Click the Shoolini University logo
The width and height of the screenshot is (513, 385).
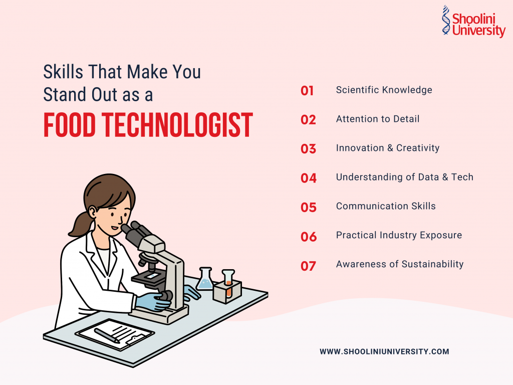point(473,22)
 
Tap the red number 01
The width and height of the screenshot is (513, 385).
point(307,91)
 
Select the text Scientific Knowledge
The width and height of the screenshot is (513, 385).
point(384,90)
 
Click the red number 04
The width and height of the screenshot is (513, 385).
point(309,178)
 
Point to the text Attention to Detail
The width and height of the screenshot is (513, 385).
point(378,119)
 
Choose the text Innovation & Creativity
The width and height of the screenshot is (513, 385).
point(388,148)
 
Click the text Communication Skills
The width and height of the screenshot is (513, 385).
point(386,207)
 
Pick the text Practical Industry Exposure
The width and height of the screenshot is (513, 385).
point(399,236)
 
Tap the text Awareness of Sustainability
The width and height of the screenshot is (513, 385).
point(400,264)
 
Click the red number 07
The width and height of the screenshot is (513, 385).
point(308,266)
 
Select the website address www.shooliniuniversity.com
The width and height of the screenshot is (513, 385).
point(384,352)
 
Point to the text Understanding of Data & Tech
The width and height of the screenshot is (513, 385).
point(404,177)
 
